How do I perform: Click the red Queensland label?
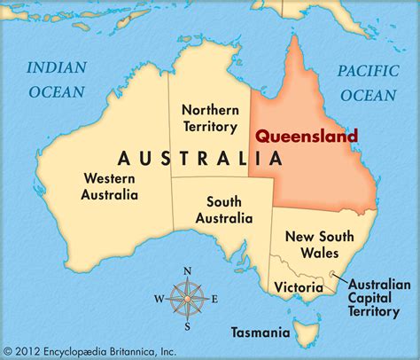[x=307, y=137]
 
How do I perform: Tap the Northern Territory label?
[x=209, y=119]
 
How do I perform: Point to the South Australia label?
[x=223, y=210]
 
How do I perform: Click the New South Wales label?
[x=319, y=245]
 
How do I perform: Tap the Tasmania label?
[x=261, y=333]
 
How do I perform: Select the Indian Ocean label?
[x=56, y=79]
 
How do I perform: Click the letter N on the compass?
[x=187, y=271]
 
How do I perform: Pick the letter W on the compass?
[x=159, y=298]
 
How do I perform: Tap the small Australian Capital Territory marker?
[x=333, y=274]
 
